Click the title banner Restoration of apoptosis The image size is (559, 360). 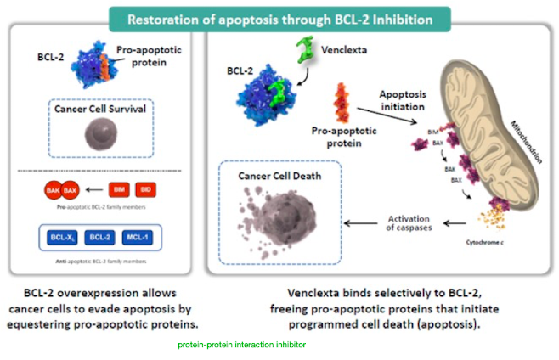279,17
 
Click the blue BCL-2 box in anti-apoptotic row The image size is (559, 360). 100,236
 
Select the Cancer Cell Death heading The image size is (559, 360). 279,176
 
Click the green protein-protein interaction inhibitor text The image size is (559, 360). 241,346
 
